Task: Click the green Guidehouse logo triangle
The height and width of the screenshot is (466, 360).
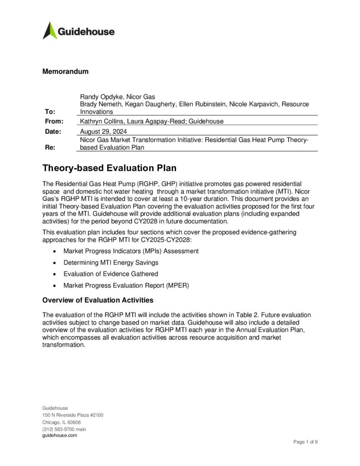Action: tap(50, 30)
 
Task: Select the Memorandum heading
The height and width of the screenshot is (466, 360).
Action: tap(65, 71)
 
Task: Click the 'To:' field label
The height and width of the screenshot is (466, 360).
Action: tap(49, 111)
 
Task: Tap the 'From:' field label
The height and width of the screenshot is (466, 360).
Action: tap(52, 121)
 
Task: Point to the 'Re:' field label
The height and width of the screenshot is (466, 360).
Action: tap(47, 147)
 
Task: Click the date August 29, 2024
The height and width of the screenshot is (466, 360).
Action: tap(103, 131)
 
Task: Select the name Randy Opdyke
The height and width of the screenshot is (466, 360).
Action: tap(99, 96)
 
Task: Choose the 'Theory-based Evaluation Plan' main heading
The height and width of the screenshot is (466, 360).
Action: tap(109, 168)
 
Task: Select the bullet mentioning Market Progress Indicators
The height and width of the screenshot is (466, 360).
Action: tap(131, 251)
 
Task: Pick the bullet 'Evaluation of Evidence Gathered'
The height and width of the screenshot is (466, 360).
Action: tap(111, 274)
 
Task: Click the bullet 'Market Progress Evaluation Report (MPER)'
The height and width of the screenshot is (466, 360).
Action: tap(126, 285)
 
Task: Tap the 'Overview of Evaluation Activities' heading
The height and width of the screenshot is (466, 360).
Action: tap(97, 300)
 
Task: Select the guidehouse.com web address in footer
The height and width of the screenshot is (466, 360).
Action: tap(60, 436)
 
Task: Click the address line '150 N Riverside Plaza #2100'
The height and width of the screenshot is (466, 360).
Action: tap(73, 415)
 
